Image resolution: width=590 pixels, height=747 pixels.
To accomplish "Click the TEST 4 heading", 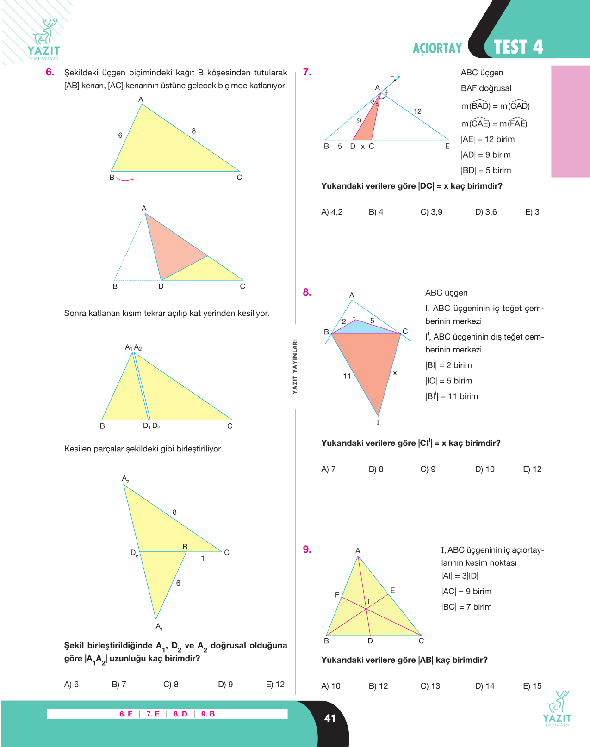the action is tap(518, 47).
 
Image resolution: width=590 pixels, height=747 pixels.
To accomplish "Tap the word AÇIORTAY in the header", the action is tap(437, 48).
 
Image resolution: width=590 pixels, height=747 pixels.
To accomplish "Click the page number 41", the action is tap(330, 718).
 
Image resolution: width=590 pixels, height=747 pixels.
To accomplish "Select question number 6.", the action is tap(50, 72).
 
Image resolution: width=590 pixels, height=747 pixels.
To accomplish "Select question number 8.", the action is tap(307, 292).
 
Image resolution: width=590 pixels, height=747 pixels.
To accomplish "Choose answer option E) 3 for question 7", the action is tap(532, 212).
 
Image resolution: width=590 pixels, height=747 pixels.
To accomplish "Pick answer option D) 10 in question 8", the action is tap(484, 469).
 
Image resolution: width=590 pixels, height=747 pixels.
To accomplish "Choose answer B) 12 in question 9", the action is tap(378, 686).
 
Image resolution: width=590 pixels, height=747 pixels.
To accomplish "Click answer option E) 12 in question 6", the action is tap(275, 684).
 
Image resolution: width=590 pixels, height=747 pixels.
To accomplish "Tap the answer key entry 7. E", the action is tap(153, 714).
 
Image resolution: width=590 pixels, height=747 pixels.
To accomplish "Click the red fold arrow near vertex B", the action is tap(125, 179).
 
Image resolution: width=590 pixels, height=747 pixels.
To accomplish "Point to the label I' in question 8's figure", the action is tap(379, 422).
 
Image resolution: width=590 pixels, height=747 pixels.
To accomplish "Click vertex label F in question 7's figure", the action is tap(391, 76).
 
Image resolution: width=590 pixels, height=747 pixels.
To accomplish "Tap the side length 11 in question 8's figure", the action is tap(347, 376).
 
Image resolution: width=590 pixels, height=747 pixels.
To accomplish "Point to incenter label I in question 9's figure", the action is tap(369, 601).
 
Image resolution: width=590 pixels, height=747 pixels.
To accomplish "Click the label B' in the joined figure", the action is tap(186, 547).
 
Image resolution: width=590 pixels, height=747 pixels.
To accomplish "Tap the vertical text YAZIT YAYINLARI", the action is tap(295, 366).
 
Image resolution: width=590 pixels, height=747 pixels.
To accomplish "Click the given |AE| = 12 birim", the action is tap(488, 139).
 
